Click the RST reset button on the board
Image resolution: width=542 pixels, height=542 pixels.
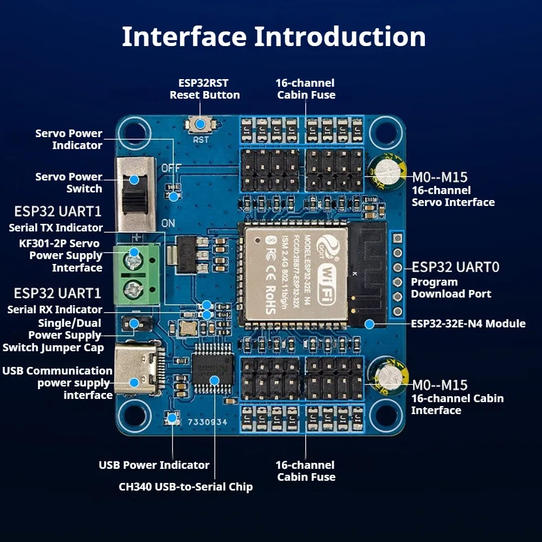201,125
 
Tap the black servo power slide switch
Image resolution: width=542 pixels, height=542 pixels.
135,194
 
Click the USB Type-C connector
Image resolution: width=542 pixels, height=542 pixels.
138,369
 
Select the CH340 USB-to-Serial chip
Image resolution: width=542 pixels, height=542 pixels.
212,369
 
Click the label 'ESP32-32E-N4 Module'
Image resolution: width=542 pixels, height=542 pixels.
468,324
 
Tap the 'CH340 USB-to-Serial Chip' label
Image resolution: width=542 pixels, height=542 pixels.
185,487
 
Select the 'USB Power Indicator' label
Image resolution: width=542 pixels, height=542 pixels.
154,465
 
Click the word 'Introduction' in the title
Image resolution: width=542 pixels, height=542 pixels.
340,37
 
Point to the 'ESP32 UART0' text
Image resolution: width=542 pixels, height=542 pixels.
456,267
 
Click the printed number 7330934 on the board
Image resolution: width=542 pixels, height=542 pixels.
208,422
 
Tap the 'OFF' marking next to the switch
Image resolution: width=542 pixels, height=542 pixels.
171,168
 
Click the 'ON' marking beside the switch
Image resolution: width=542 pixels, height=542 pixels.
168,223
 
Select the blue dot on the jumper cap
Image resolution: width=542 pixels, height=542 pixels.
134,324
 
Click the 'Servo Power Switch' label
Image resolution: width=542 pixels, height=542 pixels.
69,183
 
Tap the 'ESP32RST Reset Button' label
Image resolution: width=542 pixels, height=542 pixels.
204,89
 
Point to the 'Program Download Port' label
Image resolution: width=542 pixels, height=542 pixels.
451,288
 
